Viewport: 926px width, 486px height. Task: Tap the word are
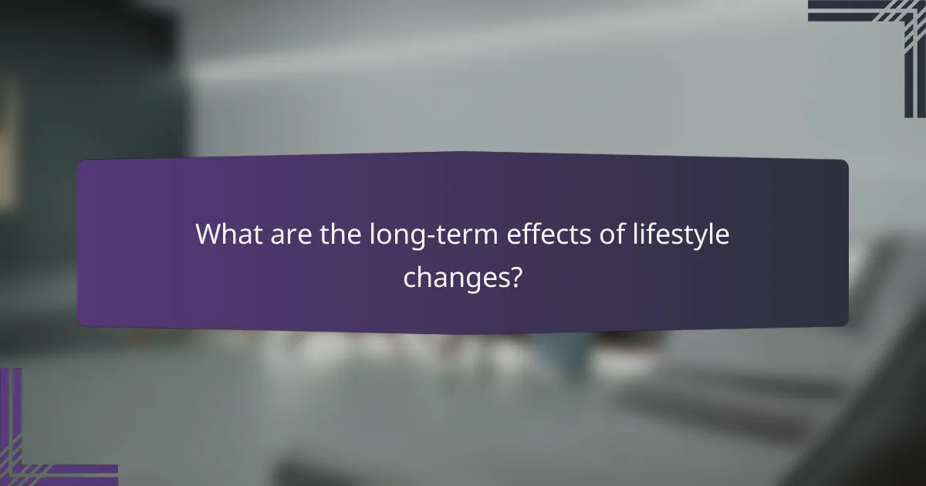[x=289, y=235]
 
